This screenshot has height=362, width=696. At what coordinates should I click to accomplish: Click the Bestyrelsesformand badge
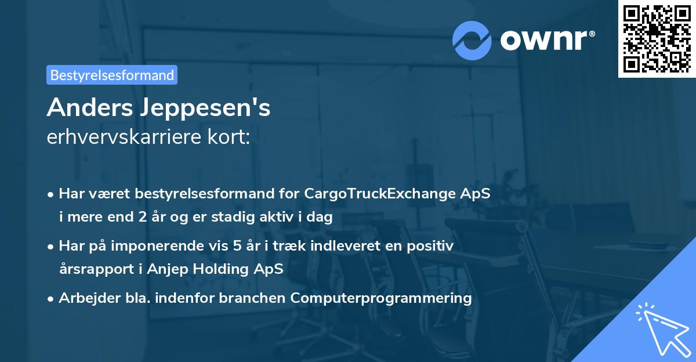point(112,75)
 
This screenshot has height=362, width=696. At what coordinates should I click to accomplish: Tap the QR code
point(657,38)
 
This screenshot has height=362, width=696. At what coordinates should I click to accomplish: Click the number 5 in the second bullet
point(237,246)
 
